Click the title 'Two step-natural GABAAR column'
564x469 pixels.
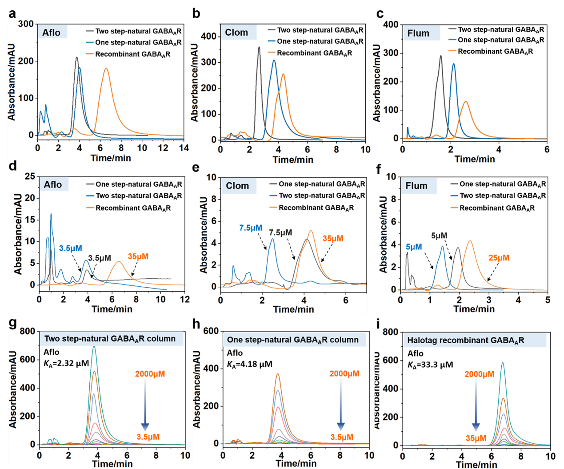pyautogui.click(x=110, y=339)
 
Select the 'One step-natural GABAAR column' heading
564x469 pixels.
pyautogui.click(x=292, y=340)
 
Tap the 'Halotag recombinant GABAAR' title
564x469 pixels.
pyautogui.click(x=465, y=341)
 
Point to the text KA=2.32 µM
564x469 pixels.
pyautogui.click(x=66, y=363)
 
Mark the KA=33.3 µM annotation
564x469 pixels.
pyautogui.click(x=430, y=365)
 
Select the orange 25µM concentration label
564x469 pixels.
pyautogui.click(x=499, y=258)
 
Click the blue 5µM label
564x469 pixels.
pyautogui.click(x=414, y=247)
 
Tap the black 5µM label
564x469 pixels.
pyautogui.click(x=439, y=236)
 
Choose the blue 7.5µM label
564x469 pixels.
pyautogui.click(x=251, y=228)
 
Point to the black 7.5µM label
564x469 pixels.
pyautogui.click(x=280, y=232)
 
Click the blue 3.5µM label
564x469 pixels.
pyautogui.click(x=71, y=248)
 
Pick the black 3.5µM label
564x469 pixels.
pyautogui.click(x=100, y=258)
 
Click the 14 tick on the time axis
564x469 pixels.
pyautogui.click(x=184, y=148)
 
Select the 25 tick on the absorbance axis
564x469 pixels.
pyautogui.click(x=30, y=176)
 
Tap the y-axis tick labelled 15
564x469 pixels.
pyautogui.click(x=30, y=220)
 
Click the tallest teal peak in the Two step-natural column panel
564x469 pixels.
pyautogui.click(x=94, y=347)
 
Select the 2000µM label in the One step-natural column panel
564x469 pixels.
pyautogui.click(x=344, y=374)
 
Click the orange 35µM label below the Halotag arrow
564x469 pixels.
pyautogui.click(x=476, y=438)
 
